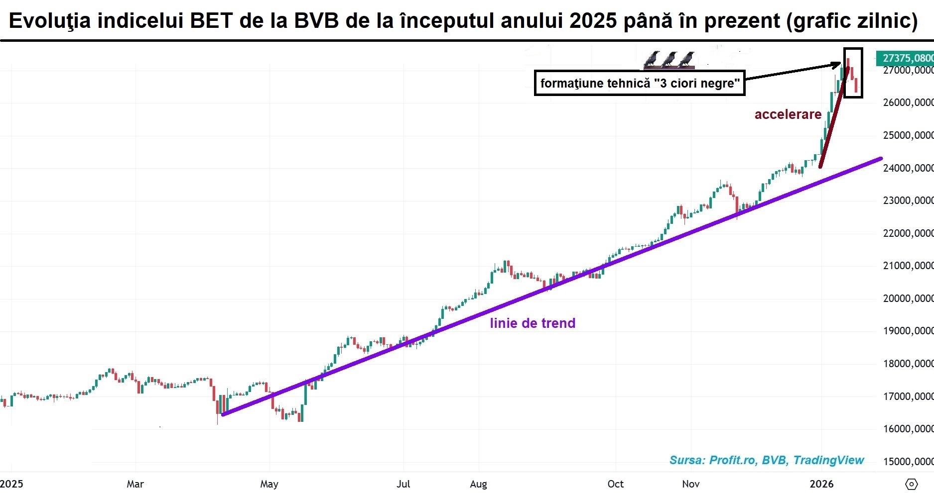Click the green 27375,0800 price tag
coord(906,58)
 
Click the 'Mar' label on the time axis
coord(135,484)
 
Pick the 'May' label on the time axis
coord(269,484)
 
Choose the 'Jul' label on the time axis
coord(403,484)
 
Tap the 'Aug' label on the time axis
coord(478,484)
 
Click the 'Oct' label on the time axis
coord(616,484)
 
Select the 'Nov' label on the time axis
coord(691,484)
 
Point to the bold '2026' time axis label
coord(821,484)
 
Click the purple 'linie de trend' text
coord(533,323)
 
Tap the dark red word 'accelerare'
coord(788,114)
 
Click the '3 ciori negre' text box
coord(640,83)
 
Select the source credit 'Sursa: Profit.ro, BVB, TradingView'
coord(767,460)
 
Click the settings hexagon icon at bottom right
coord(911,484)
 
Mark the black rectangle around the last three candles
coord(853,73)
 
